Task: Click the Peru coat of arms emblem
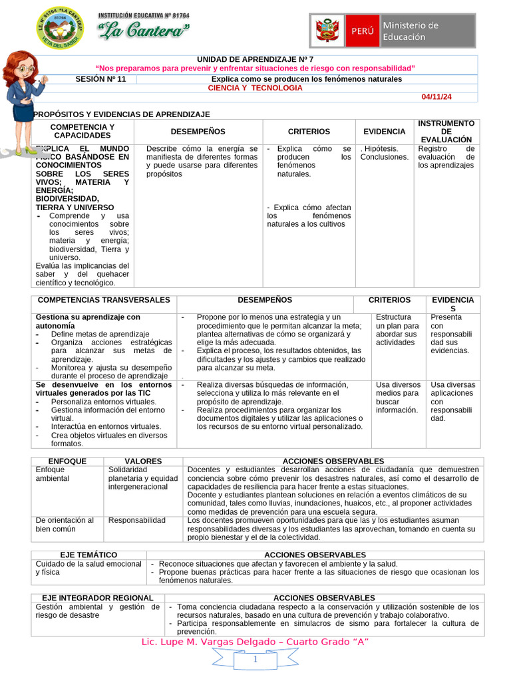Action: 327,31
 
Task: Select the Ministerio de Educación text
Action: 411,31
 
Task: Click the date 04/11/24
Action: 436,97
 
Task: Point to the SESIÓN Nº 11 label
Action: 104,79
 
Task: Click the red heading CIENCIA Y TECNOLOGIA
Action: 255,88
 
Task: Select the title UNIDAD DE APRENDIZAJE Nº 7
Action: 255,59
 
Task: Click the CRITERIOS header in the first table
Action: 309,132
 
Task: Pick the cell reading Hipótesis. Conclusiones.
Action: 385,153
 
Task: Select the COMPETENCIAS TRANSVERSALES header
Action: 104,301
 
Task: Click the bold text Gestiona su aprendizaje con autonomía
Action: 88,322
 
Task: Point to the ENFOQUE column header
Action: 67,461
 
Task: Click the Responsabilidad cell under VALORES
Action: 136,520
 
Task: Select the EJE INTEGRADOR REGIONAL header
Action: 98,598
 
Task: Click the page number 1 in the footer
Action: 255,659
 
